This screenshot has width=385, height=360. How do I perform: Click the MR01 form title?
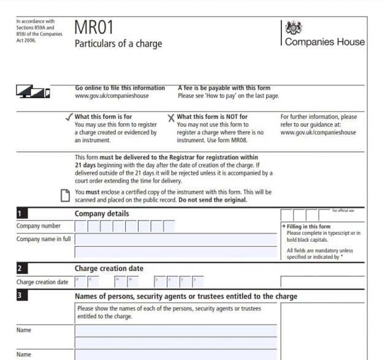tap(94, 28)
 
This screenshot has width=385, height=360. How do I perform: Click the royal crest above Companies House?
tap(294, 28)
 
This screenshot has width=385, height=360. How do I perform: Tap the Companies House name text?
tap(324, 42)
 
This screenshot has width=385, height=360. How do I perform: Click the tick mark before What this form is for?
tap(69, 116)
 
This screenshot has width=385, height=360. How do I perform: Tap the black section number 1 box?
tap(21, 214)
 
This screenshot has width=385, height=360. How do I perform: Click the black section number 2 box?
tap(21, 269)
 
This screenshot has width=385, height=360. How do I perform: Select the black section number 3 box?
tap(21, 296)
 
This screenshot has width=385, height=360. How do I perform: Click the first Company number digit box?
tap(80, 226)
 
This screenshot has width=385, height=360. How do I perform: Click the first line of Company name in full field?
tap(175, 239)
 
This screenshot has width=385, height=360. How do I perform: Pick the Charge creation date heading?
tap(109, 269)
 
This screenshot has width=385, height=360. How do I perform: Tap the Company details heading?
tap(102, 214)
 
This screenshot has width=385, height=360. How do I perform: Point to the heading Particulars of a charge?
tap(118, 44)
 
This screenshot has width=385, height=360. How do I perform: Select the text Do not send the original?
tap(213, 200)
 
